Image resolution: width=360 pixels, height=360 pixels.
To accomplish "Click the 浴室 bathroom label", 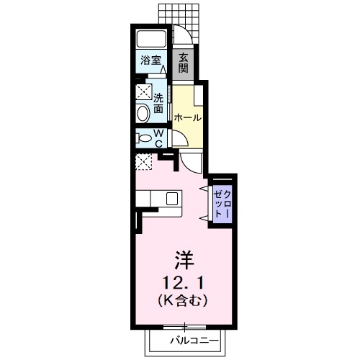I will (x=150, y=60).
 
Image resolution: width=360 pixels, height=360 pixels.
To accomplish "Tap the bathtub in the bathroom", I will (x=152, y=39).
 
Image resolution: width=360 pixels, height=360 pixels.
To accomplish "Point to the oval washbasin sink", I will (x=143, y=112).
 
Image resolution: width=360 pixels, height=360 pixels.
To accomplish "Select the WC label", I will (x=159, y=137).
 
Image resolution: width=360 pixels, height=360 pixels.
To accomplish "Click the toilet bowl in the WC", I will (x=143, y=137).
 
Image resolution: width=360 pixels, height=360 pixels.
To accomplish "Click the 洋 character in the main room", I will (x=184, y=257).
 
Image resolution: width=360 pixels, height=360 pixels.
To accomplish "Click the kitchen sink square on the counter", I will (x=173, y=197).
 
